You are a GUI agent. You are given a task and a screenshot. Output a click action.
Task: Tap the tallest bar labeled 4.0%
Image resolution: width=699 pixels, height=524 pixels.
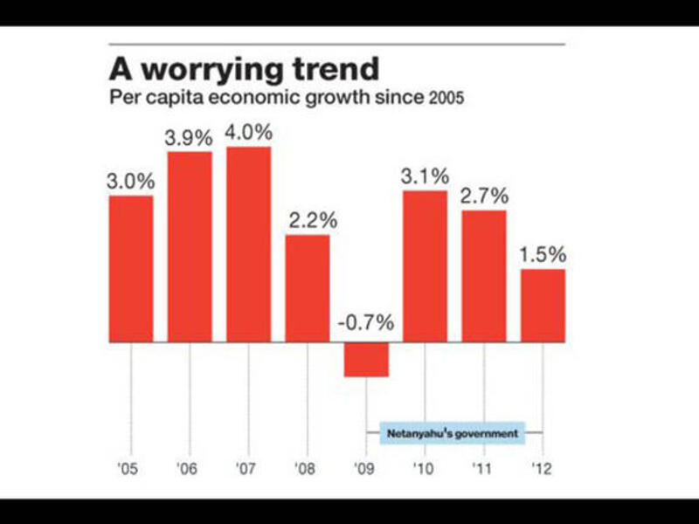(x=248, y=244)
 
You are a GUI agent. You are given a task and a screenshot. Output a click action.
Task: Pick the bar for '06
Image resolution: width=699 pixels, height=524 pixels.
(x=190, y=246)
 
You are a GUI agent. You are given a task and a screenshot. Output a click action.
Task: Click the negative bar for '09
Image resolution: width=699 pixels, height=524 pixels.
(x=366, y=359)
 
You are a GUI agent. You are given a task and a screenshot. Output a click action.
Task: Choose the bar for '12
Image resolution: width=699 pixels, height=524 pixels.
(x=543, y=305)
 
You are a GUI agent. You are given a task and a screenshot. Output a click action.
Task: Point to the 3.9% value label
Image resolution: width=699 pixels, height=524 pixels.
(x=190, y=138)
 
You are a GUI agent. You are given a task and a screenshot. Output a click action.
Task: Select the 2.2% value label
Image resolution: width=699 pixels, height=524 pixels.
(x=307, y=221)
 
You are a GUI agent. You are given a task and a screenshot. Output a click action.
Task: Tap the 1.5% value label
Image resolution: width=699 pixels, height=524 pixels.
(x=543, y=255)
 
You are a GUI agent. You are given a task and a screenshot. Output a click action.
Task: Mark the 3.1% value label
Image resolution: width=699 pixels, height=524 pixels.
(x=425, y=176)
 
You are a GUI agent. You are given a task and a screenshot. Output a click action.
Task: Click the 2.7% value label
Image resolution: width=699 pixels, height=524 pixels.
(x=483, y=196)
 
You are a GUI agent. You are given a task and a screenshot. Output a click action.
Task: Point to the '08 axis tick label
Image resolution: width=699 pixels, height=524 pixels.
(x=307, y=469)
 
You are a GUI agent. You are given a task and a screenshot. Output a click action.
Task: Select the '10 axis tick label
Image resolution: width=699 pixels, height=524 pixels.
(x=425, y=469)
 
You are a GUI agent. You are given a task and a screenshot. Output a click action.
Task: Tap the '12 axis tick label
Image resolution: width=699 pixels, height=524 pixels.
(x=543, y=469)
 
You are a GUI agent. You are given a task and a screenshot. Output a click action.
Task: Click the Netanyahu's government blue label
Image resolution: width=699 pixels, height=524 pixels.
(x=453, y=432)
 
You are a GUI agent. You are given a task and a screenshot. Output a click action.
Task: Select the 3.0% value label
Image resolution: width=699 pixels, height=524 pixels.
(x=131, y=182)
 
